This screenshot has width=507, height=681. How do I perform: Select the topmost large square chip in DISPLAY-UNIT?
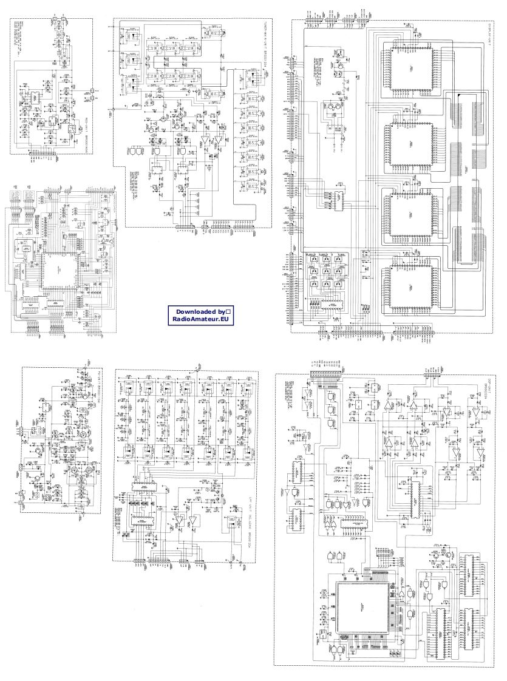coord(408,69)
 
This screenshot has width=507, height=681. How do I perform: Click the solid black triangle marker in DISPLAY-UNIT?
coord(459,97)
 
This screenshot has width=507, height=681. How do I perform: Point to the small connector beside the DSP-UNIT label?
coord(430,375)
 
